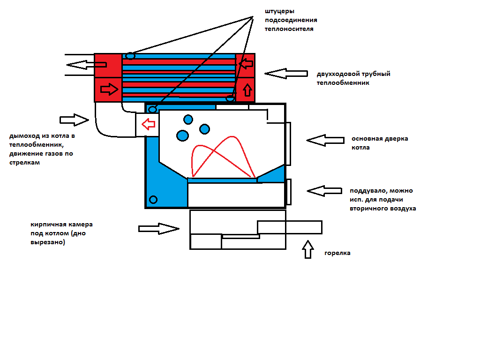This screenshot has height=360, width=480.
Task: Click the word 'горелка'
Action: pos(337,253)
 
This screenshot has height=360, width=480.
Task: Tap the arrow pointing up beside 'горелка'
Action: pos(308,249)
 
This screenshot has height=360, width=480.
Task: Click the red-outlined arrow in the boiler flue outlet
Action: pos(149,124)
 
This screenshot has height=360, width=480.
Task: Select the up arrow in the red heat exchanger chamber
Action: pos(247,90)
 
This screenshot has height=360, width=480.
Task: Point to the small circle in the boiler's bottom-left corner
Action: pos(153,200)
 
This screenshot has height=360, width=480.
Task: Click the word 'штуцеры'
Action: pos(279,11)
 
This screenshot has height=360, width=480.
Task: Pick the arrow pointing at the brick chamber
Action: pos(159,229)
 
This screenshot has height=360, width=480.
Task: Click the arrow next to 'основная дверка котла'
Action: pos(325,140)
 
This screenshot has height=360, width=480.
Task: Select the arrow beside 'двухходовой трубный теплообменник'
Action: pos(286,74)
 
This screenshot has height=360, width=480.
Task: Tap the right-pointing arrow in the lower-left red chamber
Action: pos(109,90)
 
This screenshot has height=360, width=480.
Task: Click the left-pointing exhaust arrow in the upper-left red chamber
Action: pos(86,65)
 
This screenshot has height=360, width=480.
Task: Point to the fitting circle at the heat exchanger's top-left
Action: pos(130,56)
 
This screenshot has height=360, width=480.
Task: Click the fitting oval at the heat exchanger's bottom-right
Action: pos(230,98)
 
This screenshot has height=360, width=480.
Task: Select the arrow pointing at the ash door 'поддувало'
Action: pos(324,191)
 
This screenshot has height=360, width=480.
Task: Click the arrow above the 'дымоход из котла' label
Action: pos(74,120)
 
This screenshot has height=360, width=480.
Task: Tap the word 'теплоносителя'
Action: pos(289,29)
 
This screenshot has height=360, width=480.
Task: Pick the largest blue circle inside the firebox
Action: pos(182,135)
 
